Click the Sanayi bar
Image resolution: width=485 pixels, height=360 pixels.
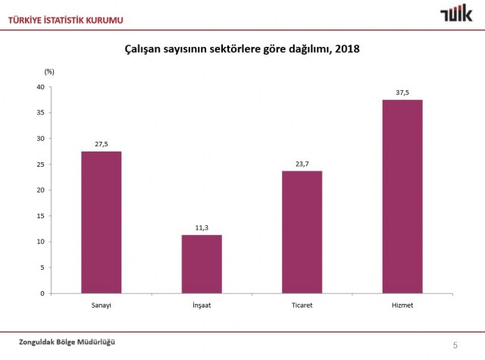[102, 222]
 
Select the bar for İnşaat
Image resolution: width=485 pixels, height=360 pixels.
[202, 264]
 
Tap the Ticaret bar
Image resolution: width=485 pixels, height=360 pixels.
[302, 232]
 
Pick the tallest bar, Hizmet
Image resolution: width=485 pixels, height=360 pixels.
[402, 196]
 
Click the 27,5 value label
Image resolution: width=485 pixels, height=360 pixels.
[102, 143]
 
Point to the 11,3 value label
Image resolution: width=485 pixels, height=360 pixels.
[202, 227]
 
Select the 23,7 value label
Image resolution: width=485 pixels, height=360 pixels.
[302, 163]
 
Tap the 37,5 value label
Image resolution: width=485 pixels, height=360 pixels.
[402, 92]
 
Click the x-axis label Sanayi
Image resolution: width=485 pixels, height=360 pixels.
[102, 305]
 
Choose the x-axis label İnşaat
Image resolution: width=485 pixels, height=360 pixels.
[202, 305]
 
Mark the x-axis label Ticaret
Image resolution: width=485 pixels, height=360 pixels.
[302, 305]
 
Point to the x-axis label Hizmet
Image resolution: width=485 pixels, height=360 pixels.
[402, 305]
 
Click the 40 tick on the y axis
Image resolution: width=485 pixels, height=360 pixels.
[42, 86]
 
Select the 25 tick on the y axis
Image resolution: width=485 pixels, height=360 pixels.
[42, 164]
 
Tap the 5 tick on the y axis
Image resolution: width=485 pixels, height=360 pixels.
[43, 268]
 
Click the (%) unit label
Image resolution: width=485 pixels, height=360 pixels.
[49, 71]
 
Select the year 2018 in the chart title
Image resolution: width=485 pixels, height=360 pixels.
[346, 49]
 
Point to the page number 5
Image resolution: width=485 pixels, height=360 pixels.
[455, 345]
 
